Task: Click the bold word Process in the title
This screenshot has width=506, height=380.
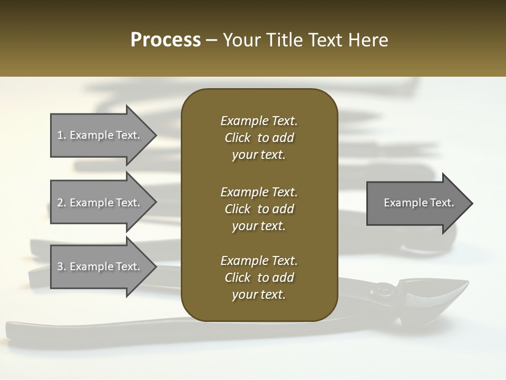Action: click(166, 40)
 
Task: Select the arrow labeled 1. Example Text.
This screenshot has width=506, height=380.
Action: click(100, 135)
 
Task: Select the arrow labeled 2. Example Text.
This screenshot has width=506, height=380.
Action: click(100, 203)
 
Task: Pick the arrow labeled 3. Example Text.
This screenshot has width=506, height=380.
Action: click(100, 267)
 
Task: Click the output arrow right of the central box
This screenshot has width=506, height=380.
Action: click(416, 203)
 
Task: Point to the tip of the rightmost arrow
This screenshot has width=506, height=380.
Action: click(472, 203)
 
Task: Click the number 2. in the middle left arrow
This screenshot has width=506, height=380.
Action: click(62, 203)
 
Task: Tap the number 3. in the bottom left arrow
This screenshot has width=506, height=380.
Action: click(62, 267)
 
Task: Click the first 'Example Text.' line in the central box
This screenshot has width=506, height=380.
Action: click(259, 121)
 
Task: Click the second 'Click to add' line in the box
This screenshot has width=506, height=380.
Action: click(259, 209)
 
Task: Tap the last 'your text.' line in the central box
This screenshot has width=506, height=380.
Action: click(259, 295)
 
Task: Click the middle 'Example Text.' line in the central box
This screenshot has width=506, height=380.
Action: click(259, 192)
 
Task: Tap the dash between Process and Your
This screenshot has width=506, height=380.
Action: click(212, 40)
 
